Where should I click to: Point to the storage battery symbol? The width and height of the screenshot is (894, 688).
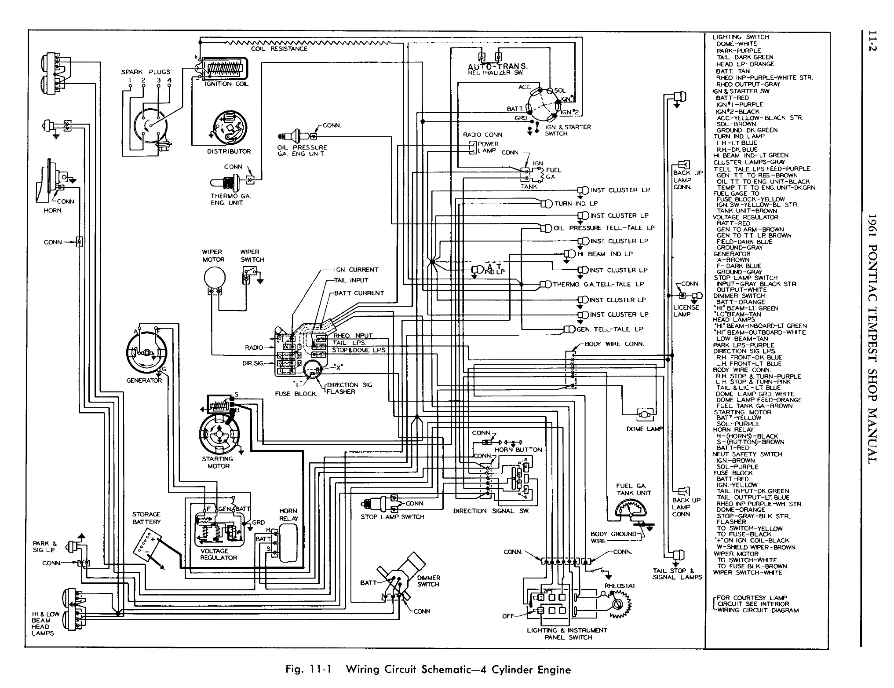pos(146,545)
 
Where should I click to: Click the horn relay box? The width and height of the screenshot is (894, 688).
pos(288,544)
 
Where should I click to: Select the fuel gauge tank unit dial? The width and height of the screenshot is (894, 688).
pos(629,511)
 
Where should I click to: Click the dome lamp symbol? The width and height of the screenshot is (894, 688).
pos(645,414)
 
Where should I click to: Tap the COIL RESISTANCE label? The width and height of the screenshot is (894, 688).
pos(279,49)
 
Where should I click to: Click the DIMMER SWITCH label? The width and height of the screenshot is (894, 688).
pos(428,581)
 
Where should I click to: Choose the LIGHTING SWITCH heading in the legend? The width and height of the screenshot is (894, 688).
pos(740,37)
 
